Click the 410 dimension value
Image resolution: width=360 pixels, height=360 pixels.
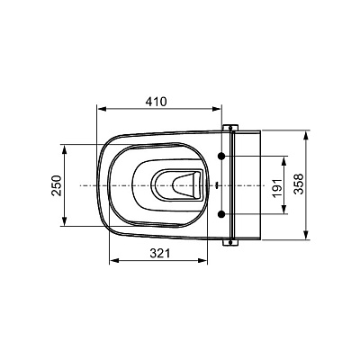point(156,102)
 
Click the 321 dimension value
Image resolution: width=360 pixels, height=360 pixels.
point(160,254)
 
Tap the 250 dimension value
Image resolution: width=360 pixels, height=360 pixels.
point(57,185)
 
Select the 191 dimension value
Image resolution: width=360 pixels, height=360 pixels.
point(278,188)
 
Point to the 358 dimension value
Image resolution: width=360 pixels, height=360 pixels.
point(299,184)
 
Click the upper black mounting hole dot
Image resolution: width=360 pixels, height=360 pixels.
point(221,156)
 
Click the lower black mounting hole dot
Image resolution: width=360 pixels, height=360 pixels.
point(221,214)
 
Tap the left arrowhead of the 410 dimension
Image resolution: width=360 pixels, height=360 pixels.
point(103,109)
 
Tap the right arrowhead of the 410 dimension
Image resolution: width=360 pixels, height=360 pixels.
point(217,109)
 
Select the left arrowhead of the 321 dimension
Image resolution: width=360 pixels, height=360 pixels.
point(114,261)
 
